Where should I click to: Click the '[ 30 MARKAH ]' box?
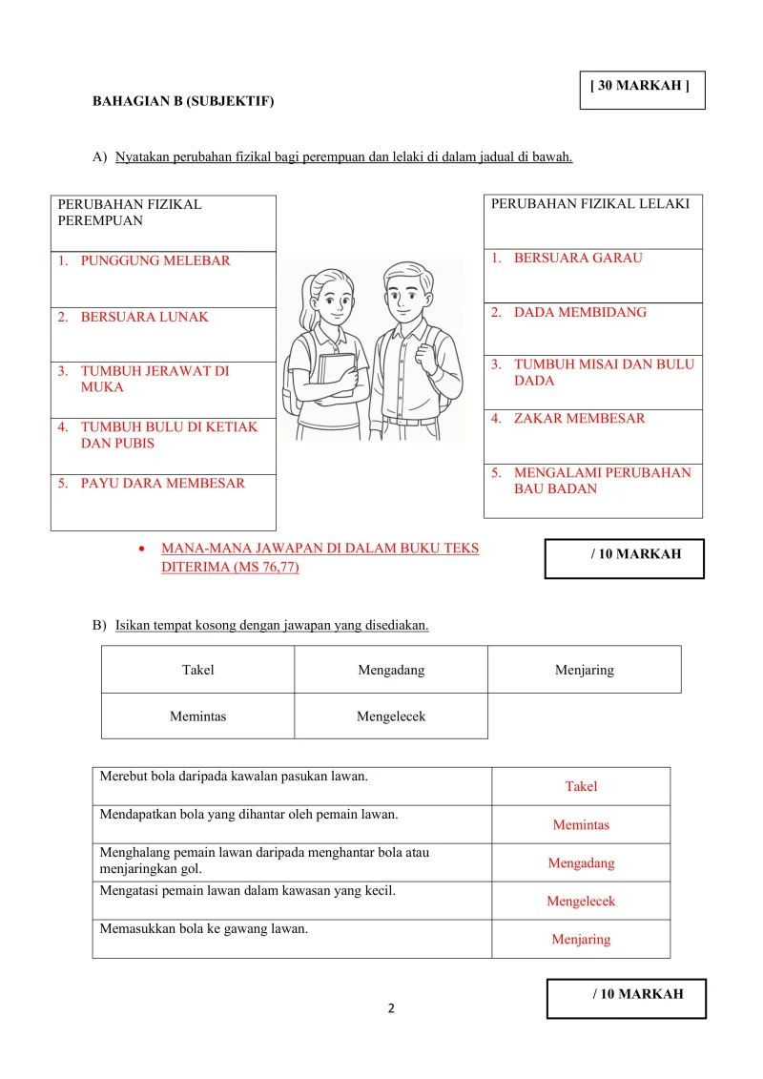(642, 90)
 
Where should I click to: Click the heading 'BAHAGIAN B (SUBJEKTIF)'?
(182, 100)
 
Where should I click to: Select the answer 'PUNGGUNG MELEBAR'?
(155, 260)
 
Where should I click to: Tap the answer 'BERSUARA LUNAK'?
(144, 317)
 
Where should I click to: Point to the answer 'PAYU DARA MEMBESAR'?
(162, 483)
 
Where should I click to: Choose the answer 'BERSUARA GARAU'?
(578, 258)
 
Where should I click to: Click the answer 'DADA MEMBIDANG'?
(580, 312)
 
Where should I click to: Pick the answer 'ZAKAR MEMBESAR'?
(579, 418)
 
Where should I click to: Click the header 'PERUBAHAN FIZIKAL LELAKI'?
(589, 203)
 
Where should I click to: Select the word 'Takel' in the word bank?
(198, 670)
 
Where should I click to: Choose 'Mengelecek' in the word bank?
(391, 716)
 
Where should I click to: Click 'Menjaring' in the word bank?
(585, 670)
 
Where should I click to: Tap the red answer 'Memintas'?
(581, 825)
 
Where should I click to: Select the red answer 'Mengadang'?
(581, 863)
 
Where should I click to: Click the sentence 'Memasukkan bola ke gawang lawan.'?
(204, 929)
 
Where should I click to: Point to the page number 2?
(391, 1008)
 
